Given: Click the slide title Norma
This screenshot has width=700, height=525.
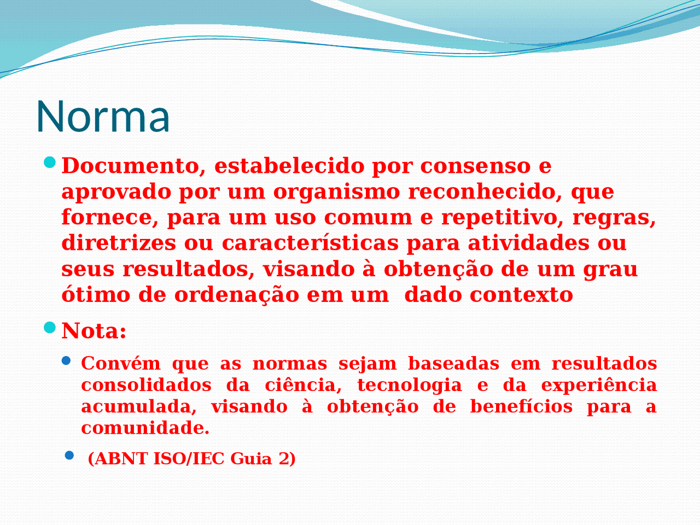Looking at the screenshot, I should tap(103, 116).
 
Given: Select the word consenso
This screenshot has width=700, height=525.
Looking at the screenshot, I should tap(475, 166).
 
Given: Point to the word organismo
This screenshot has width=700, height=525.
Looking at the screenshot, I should tap(337, 192).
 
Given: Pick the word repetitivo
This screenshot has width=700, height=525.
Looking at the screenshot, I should tap(503, 218).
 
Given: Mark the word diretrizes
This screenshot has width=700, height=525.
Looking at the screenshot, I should tap(119, 243).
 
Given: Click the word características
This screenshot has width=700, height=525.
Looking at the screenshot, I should tap(310, 243).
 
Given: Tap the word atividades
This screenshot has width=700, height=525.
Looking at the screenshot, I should tap(528, 243).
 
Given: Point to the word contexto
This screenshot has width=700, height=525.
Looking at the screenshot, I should tap(521, 295).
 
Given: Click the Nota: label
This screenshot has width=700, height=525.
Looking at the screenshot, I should tap(94, 331).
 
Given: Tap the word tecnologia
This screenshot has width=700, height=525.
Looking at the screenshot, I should tap(410, 385).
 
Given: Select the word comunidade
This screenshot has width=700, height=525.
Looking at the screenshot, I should tap(145, 428).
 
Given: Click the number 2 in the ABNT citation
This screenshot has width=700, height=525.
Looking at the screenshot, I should tap(285, 458).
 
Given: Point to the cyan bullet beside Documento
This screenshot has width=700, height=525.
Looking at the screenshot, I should tap(50, 162).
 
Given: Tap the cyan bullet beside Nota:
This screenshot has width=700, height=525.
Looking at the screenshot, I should tap(50, 328).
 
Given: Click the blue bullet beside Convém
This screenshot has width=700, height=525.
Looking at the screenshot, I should tap(66, 360).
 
